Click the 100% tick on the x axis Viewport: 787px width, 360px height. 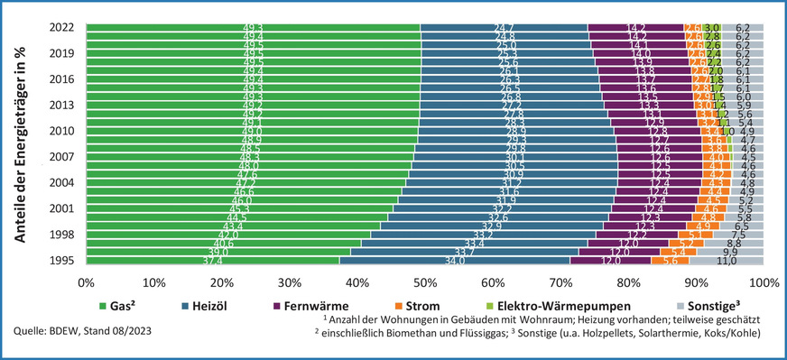pyautogui.click(x=764, y=282)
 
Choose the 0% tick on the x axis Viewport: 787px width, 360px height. pyautogui.click(x=87, y=282)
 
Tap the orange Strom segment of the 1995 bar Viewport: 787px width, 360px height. pyautogui.click(x=670, y=261)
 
